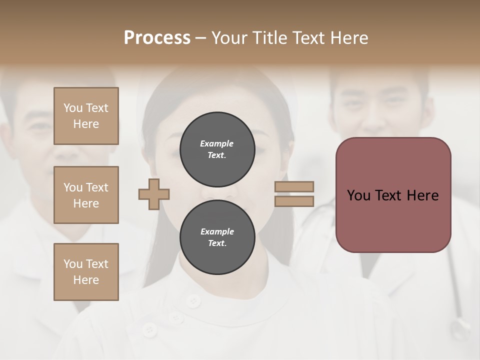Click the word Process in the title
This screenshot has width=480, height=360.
pos(157,38)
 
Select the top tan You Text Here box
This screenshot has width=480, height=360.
pos(86,116)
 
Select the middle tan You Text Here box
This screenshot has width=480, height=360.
pos(86,195)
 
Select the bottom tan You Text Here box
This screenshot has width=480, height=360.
pos(86,272)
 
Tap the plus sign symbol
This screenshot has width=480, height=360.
pos(154,194)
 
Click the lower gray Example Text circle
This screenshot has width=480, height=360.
pos(217,237)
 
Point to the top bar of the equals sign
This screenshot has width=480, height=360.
pos(294,186)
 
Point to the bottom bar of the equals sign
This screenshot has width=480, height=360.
pos(294,201)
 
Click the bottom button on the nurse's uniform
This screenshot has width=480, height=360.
pos(148,329)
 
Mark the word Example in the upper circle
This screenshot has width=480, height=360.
pos(217,143)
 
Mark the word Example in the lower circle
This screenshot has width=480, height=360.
pos(217,231)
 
